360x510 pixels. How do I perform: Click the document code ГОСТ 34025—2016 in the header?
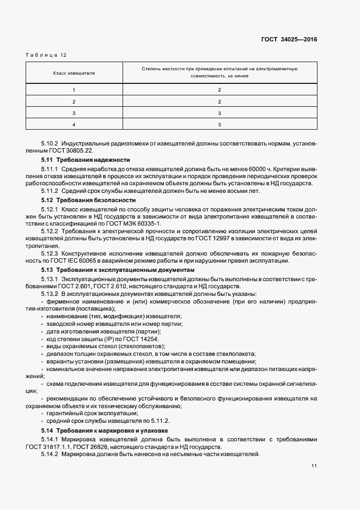pos(290,39)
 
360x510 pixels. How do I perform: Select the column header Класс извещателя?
pos(74,72)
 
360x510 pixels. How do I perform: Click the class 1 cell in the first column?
pos(74,89)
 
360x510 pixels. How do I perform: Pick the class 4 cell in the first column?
pos(74,125)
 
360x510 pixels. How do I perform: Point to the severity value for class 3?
pos(219,113)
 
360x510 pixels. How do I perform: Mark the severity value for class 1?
pos(219,89)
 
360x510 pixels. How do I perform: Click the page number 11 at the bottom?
pos(314,466)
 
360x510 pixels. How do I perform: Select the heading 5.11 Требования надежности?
pos(86,160)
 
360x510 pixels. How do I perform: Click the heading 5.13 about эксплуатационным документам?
pos(117,270)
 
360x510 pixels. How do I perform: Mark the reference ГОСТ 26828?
pos(100,447)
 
